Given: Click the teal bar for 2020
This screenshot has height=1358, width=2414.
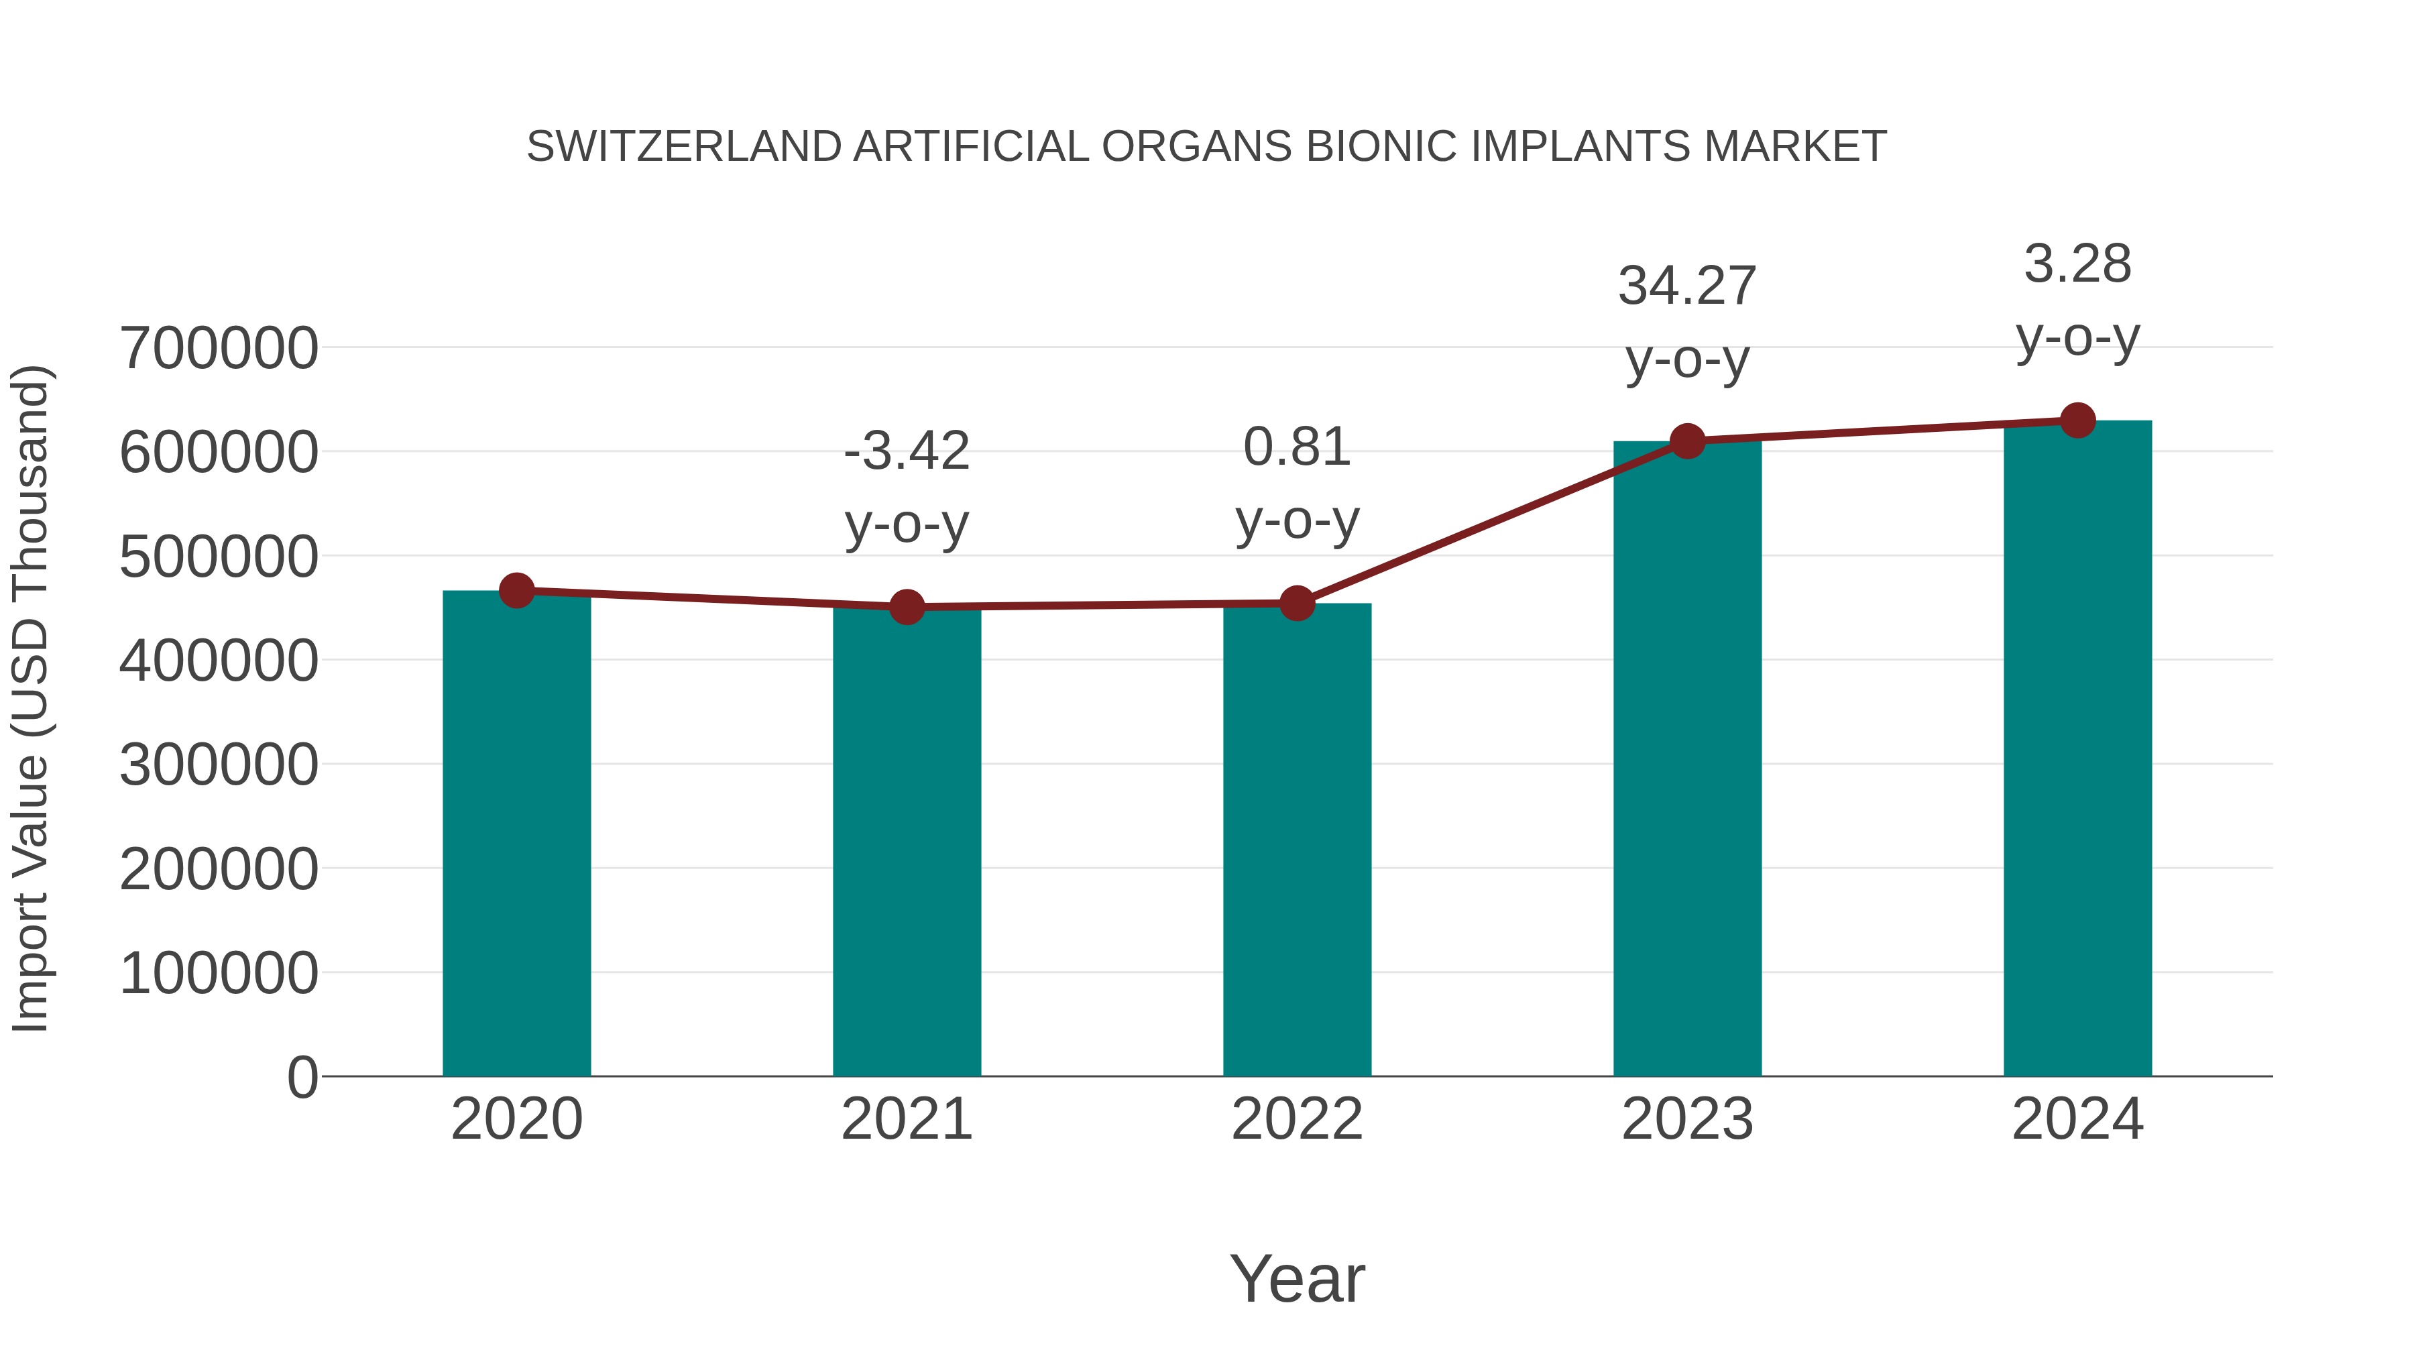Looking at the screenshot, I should [516, 834].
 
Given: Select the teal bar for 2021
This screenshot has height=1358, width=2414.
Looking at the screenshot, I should [906, 844].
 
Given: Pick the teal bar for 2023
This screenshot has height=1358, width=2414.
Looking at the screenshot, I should [1687, 759].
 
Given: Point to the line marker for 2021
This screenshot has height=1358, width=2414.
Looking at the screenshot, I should [906, 608].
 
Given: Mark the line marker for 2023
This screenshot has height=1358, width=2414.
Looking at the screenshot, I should [1687, 441].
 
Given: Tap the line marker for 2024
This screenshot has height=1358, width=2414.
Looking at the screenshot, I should [2077, 420].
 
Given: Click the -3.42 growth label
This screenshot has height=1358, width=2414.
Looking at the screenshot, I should [906, 452].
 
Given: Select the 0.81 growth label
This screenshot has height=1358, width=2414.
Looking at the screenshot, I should [1297, 447].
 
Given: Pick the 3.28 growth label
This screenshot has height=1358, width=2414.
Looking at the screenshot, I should [2077, 264].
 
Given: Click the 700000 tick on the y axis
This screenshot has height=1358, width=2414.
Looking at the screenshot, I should [219, 349].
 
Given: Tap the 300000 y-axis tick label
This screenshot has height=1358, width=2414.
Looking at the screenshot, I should [219, 766].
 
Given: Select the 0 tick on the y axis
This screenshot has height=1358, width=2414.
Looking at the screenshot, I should [302, 1078].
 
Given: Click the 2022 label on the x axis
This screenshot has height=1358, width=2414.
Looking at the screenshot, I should [1297, 1119].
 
